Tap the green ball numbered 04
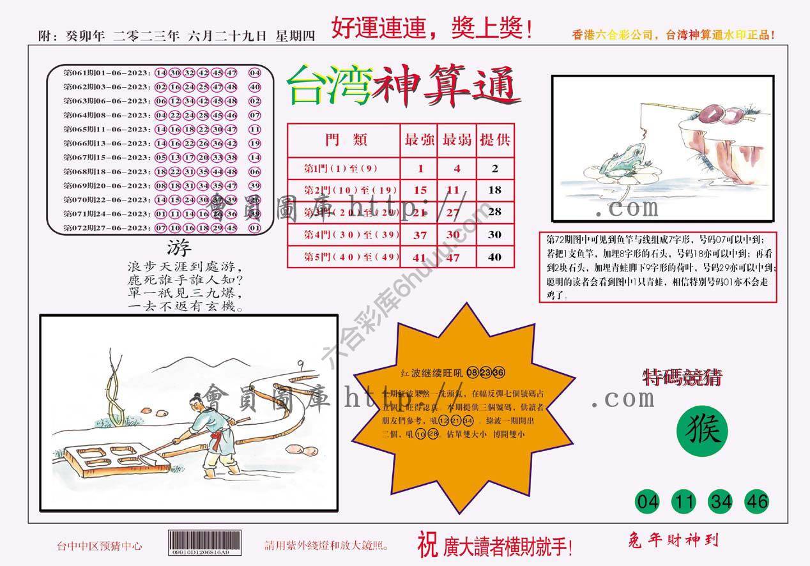click(648, 502)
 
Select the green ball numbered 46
click(757, 502)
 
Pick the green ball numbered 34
click(721, 502)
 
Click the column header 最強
click(419, 141)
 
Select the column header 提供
click(495, 141)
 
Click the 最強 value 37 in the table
click(420, 235)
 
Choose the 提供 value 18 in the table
click(494, 190)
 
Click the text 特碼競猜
click(682, 378)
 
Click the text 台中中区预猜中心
click(100, 546)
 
